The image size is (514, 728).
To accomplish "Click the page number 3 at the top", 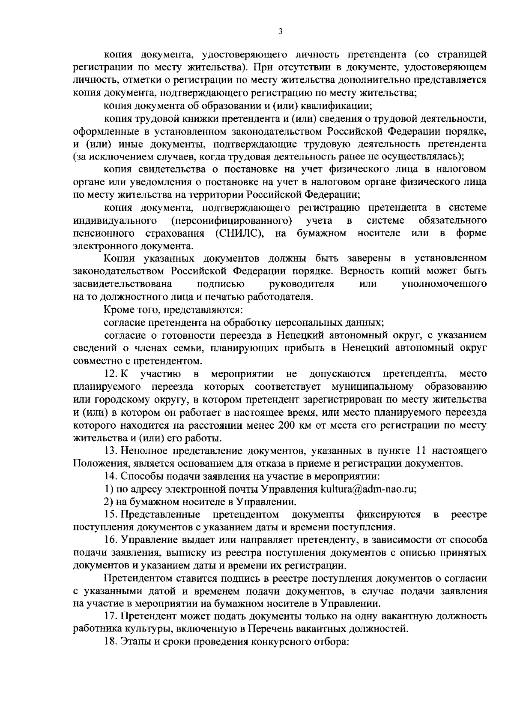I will pyautogui.click(x=280, y=31).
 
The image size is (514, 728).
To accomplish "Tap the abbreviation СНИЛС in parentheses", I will pyautogui.click(x=236, y=233).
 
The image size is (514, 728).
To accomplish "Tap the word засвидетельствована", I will pyautogui.click(x=123, y=284).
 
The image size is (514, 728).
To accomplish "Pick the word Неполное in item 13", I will pyautogui.click(x=141, y=451).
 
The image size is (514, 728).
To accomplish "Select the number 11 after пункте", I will pyautogui.click(x=421, y=451).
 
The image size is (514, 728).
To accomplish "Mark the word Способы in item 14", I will pyautogui.click(x=140, y=476).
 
